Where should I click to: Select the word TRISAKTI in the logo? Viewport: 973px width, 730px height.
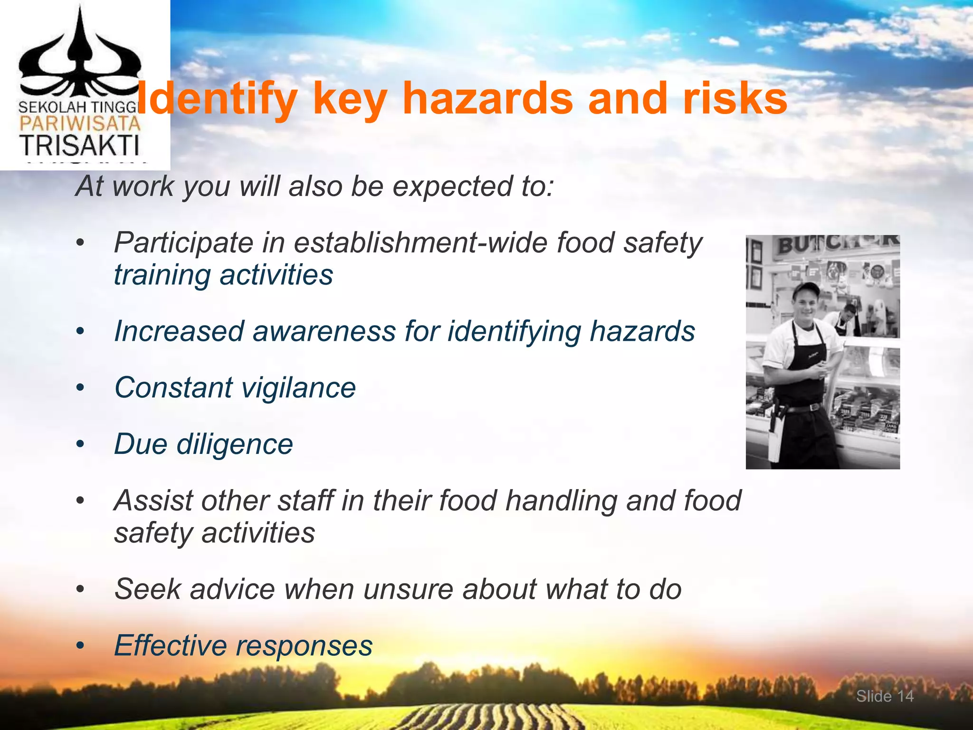[79, 145]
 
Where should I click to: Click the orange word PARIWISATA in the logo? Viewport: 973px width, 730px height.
[80, 124]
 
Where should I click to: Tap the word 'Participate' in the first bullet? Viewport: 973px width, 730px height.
[184, 243]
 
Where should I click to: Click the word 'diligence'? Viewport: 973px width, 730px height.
[235, 444]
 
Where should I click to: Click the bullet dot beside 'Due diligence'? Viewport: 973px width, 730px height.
[80, 445]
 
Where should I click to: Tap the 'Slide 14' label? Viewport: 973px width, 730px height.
[885, 696]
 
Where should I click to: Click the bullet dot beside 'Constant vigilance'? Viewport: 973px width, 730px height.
[80, 388]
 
